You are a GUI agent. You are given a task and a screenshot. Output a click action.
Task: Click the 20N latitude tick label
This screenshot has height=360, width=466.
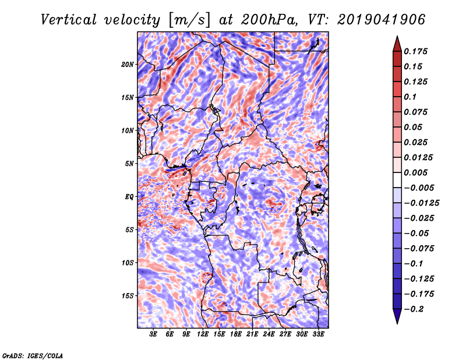click(x=128, y=64)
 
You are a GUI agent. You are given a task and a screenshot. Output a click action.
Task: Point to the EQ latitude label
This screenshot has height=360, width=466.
click(x=129, y=196)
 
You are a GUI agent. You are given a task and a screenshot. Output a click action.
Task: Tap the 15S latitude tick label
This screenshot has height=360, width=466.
click(x=128, y=295)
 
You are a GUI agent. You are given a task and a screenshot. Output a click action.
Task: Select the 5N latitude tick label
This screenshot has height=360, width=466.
click(x=129, y=164)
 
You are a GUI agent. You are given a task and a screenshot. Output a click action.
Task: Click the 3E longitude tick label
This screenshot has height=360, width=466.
click(x=154, y=334)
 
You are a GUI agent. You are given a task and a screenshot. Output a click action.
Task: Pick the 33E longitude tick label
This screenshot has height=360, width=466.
click(x=318, y=334)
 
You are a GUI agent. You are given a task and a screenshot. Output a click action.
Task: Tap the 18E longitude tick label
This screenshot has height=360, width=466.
click(x=236, y=334)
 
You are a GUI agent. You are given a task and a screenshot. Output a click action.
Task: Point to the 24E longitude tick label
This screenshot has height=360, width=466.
click(x=269, y=334)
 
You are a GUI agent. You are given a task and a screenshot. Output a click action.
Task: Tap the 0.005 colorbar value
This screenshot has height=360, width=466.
click(x=418, y=172)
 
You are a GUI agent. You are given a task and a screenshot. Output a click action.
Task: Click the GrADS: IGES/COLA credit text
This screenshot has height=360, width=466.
click(x=32, y=355)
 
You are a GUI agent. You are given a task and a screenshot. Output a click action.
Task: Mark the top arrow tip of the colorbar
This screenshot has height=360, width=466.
click(x=397, y=37)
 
